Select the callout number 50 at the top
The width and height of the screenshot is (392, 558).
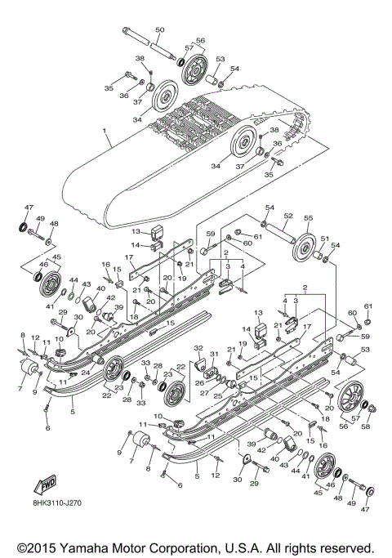pyautogui.click(x=159, y=30)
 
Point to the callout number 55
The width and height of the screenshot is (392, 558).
pyautogui.click(x=308, y=220)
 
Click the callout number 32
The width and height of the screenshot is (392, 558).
pyautogui.click(x=198, y=349)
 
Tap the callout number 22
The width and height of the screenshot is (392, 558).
pyautogui.click(x=107, y=395)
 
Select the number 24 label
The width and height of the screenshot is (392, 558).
pyautogui.click(x=85, y=372)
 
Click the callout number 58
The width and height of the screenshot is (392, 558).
pyautogui.click(x=365, y=427)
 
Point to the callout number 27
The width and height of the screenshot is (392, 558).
pyautogui.click(x=205, y=394)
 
